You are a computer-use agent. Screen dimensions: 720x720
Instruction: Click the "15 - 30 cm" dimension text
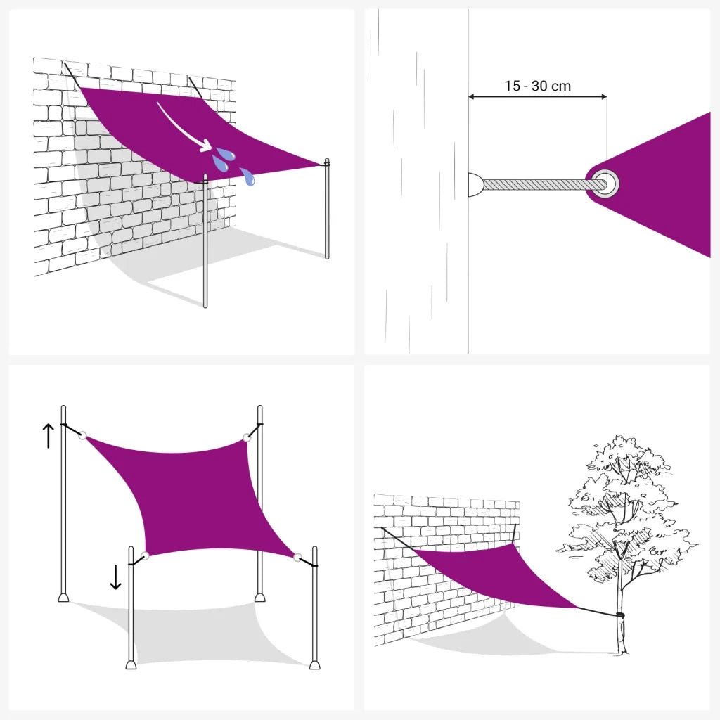tap(537, 86)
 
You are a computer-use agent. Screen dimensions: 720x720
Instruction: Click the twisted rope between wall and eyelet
tap(537, 184)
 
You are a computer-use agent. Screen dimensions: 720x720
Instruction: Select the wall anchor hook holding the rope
tap(475, 184)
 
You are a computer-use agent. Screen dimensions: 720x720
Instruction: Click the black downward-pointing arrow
tap(115, 577)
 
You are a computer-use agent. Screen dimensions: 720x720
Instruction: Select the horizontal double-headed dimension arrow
tap(537, 97)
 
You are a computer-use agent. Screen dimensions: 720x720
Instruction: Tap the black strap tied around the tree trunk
tap(619, 615)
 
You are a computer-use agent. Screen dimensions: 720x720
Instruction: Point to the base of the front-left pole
tap(131, 664)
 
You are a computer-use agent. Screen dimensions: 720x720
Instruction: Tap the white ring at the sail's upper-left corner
tap(83, 435)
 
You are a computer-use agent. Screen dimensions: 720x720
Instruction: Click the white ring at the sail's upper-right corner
tap(247, 438)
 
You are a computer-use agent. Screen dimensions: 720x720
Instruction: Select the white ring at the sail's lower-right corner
tap(298, 558)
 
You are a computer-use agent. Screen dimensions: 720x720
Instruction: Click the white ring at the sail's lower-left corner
tap(145, 555)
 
